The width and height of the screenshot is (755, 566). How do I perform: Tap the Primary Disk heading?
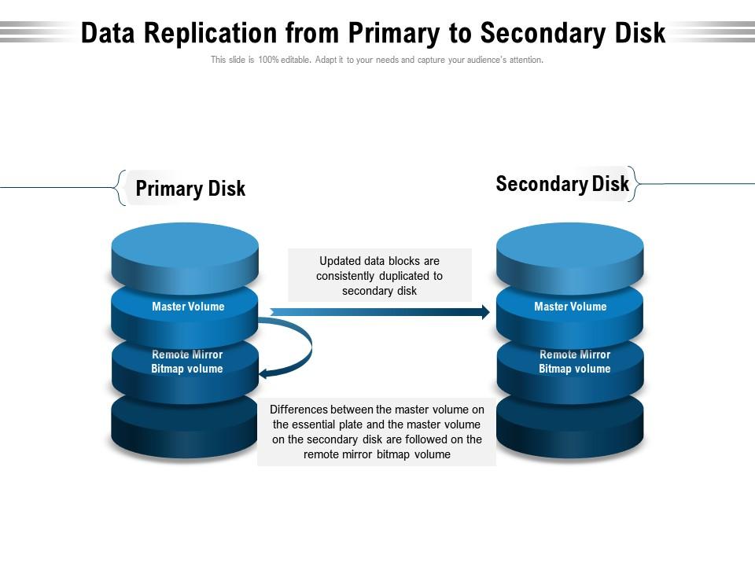pos(190,189)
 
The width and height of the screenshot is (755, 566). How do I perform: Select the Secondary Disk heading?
pos(562,184)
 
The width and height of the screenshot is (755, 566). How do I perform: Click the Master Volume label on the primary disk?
pos(188,307)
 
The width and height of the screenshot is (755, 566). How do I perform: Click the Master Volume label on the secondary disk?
pos(570,307)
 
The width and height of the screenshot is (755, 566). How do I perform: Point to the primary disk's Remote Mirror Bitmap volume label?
pos(187,362)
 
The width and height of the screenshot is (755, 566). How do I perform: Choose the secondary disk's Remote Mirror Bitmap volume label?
pos(574,362)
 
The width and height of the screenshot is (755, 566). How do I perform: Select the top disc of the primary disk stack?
pos(185,248)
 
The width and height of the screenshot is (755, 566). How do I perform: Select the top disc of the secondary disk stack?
pos(570,248)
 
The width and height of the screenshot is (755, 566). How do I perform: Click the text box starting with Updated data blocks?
pos(380,275)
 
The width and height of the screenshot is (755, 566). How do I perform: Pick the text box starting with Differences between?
pos(377,432)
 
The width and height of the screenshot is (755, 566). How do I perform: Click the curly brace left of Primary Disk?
pos(120,188)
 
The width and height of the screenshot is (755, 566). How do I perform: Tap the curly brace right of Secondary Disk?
pos(633,184)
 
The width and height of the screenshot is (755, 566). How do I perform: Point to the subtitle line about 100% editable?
pos(377,60)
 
